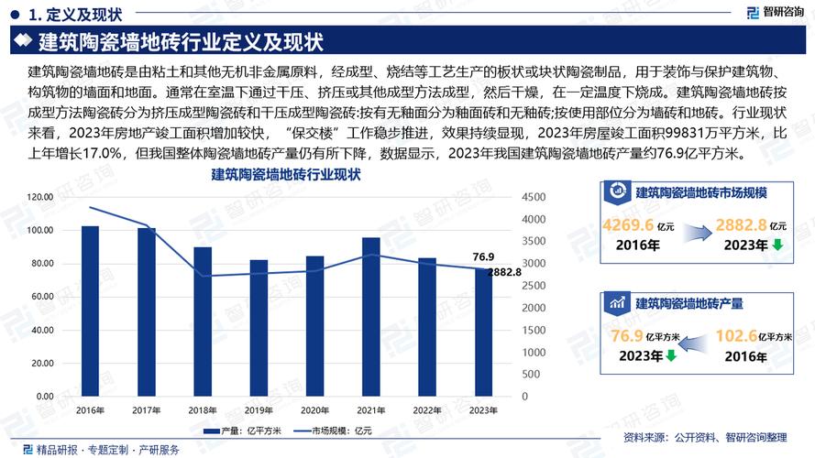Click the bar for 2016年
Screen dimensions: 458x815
coord(90,311)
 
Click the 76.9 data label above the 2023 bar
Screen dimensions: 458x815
coord(483,257)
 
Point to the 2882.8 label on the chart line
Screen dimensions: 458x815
coord(504,272)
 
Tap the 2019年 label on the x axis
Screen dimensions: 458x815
coord(259,409)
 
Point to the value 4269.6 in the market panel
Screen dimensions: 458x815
coord(628,225)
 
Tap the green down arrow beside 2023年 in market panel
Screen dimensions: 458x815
coord(776,245)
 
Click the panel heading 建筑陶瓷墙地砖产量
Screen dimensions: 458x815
coord(688,303)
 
